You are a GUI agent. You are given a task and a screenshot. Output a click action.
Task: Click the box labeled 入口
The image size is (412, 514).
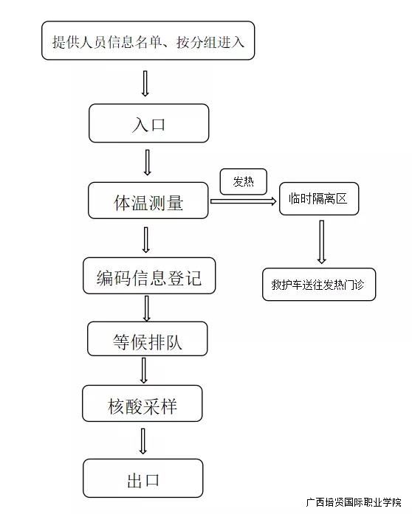148,123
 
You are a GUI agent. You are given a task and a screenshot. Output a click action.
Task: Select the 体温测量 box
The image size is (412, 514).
148,201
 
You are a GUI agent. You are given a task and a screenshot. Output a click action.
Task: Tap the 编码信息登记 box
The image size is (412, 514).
149,276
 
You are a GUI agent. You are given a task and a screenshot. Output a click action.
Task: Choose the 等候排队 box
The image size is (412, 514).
148,338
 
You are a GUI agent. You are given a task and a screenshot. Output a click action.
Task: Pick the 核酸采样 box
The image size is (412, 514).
143,403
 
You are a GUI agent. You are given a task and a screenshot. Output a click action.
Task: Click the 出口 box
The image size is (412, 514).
143,479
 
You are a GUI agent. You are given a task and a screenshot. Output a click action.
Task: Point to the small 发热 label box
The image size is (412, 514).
243,181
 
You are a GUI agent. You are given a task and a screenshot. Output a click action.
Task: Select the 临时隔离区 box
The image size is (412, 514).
319,198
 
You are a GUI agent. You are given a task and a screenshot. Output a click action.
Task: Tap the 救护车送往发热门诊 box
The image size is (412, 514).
319,284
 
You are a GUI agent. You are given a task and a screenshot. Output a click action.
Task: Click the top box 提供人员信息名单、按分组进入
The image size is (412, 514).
148,41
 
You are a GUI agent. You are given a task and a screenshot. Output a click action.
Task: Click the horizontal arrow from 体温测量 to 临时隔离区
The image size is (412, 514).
243,201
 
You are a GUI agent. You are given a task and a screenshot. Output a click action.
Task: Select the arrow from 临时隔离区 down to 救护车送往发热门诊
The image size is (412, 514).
322,242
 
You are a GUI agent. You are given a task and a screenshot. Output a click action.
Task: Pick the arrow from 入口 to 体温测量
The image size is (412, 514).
148,162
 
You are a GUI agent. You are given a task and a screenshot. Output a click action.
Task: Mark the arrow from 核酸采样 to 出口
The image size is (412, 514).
143,441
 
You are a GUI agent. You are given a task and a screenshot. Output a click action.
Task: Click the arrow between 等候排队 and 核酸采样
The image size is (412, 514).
143,370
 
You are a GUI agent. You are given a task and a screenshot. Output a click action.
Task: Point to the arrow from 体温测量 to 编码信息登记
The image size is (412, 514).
146,240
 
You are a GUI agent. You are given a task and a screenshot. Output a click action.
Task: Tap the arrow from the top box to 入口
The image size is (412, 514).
145,83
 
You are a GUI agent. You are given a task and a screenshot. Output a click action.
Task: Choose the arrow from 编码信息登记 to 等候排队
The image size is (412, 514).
146,308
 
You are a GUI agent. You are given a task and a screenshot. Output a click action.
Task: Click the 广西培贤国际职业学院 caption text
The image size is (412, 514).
354,502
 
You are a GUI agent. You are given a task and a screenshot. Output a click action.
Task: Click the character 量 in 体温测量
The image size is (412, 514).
175,203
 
